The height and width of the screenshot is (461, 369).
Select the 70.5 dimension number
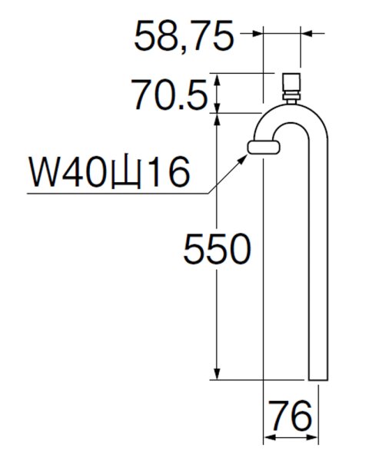point(170,95)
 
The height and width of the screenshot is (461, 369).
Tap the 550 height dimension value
point(217,250)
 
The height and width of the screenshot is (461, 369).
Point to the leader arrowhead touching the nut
point(248,155)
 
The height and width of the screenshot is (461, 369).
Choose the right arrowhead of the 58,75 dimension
point(304,34)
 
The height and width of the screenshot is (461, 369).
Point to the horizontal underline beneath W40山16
point(115,192)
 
